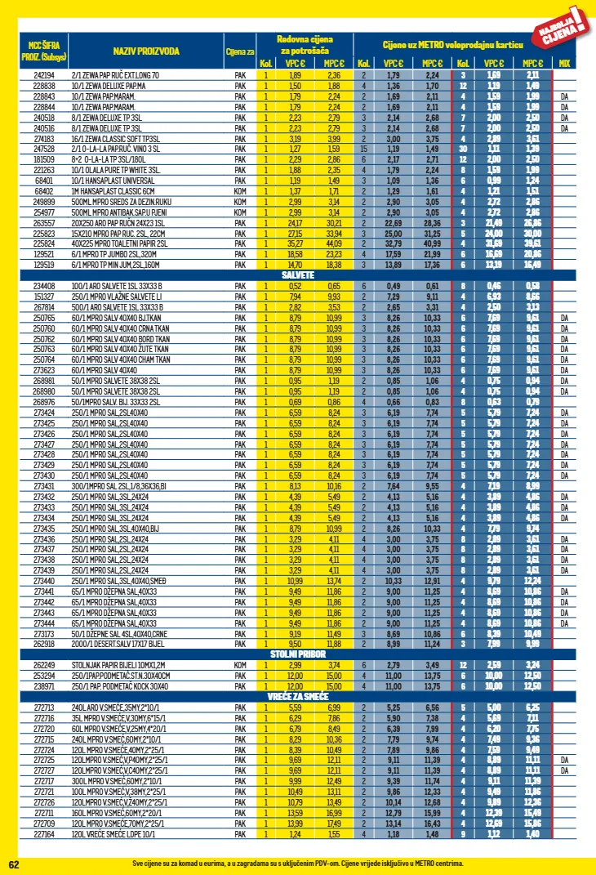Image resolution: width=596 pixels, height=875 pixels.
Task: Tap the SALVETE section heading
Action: (298, 275)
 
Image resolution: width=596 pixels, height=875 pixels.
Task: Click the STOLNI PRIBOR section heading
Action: (298, 654)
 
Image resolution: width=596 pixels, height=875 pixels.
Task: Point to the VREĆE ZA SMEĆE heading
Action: (298, 695)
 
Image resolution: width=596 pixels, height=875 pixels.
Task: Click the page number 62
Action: (14, 864)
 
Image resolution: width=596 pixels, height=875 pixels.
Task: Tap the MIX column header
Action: (564, 63)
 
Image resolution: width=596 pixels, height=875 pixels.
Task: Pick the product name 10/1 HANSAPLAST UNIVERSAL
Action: (113, 180)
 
